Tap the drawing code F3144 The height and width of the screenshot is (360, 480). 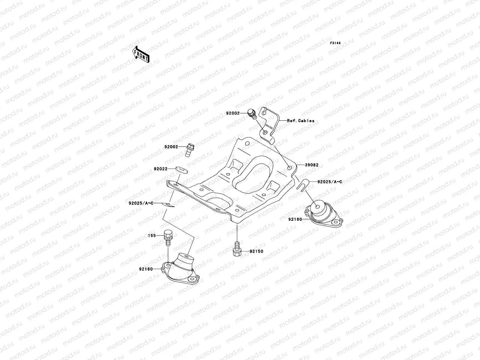pos(336,43)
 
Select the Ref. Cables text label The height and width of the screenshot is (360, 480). pos(301,121)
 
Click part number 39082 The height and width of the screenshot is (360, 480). pos(312,165)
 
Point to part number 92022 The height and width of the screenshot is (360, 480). pos(161,169)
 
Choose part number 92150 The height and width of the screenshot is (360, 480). pos(256,251)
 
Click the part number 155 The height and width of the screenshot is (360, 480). pos(152,236)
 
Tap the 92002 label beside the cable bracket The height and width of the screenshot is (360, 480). pos(233,114)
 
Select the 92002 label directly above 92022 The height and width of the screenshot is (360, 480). pos(171,147)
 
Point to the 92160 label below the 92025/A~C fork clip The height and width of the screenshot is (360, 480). pos(295,219)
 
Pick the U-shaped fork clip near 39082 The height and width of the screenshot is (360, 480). pos(301,183)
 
